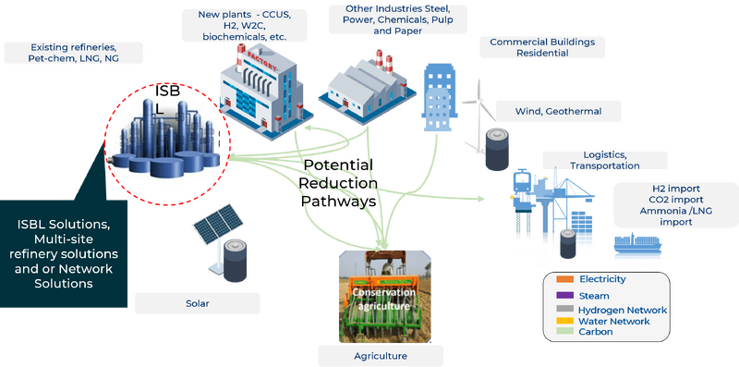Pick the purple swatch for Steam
564,295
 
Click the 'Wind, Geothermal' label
558,112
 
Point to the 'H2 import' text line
651,188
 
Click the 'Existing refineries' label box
74,52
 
